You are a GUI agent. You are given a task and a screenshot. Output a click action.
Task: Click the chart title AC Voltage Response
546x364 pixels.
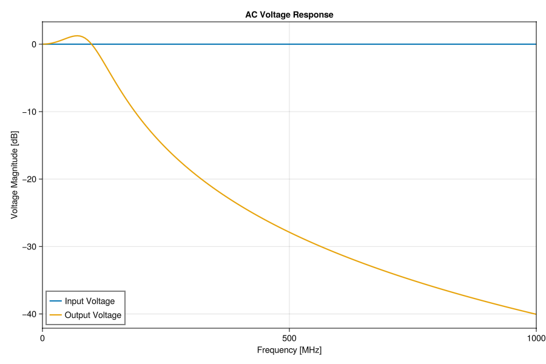(x=289, y=15)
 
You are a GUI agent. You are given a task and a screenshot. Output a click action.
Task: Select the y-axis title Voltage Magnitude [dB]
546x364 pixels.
(x=14, y=175)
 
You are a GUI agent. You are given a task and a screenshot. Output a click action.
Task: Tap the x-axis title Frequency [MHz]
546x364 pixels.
(x=289, y=350)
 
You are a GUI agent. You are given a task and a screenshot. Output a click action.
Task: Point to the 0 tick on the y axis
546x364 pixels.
(x=35, y=44)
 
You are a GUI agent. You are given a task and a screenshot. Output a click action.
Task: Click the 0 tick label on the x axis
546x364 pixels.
(x=42, y=337)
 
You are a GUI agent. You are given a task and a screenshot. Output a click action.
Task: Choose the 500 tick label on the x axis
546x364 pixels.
(x=289, y=337)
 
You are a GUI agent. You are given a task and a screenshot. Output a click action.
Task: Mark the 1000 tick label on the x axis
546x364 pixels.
(x=536, y=337)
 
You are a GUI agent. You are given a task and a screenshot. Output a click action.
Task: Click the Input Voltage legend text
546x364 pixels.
(x=89, y=301)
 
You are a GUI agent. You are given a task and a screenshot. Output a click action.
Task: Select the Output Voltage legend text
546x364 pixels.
(x=93, y=315)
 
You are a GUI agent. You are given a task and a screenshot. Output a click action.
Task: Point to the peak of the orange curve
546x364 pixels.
(x=78, y=36)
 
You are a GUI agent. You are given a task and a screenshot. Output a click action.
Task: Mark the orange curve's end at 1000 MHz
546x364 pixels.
(x=536, y=314)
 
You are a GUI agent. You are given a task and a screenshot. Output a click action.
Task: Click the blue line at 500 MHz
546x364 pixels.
(x=289, y=44)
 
